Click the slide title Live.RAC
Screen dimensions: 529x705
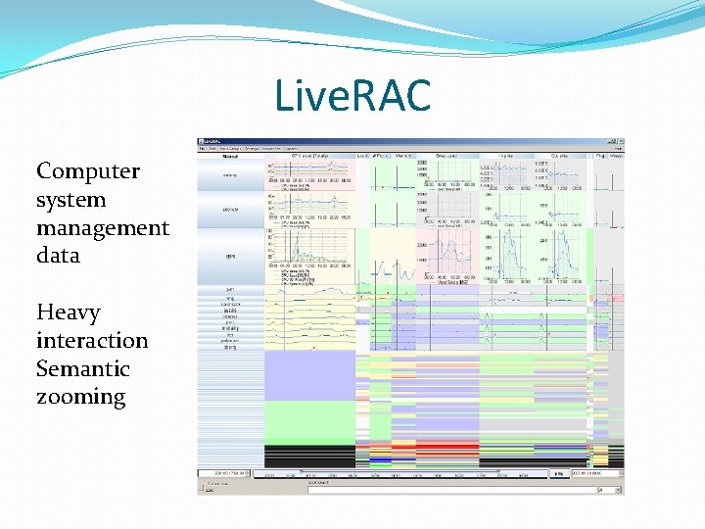(x=352, y=97)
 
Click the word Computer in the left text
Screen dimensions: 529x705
(x=88, y=171)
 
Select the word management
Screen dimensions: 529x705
(x=103, y=228)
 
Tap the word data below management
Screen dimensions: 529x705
(x=58, y=256)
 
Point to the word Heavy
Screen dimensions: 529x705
(x=68, y=313)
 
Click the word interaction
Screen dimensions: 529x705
(x=92, y=341)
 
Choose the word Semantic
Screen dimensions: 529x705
(x=83, y=369)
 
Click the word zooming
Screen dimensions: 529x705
(x=81, y=398)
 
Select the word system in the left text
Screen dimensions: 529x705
(x=70, y=200)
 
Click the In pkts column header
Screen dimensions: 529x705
(x=506, y=155)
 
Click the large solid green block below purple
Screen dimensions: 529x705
(x=308, y=421)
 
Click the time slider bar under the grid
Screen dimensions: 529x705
(x=401, y=474)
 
